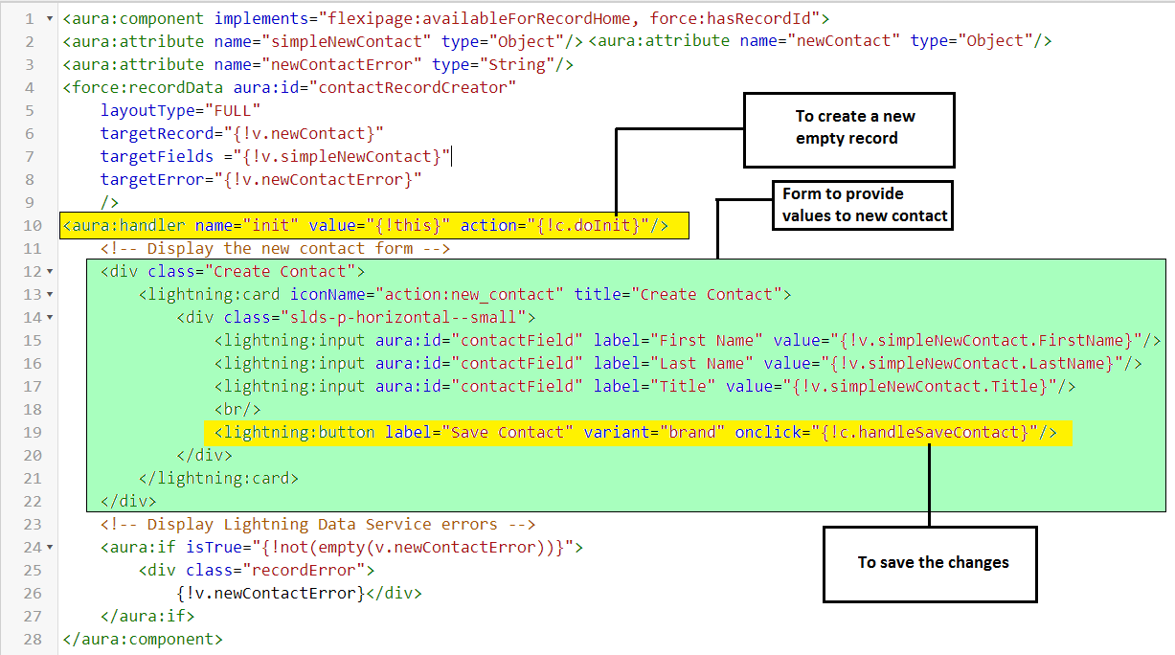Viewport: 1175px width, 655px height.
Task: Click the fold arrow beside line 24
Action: pyautogui.click(x=50, y=548)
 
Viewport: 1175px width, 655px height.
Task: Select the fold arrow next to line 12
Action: pyautogui.click(x=50, y=272)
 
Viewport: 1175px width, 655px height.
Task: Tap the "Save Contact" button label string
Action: pyautogui.click(x=503, y=432)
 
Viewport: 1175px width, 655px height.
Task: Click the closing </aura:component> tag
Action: pyautogui.click(x=142, y=639)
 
